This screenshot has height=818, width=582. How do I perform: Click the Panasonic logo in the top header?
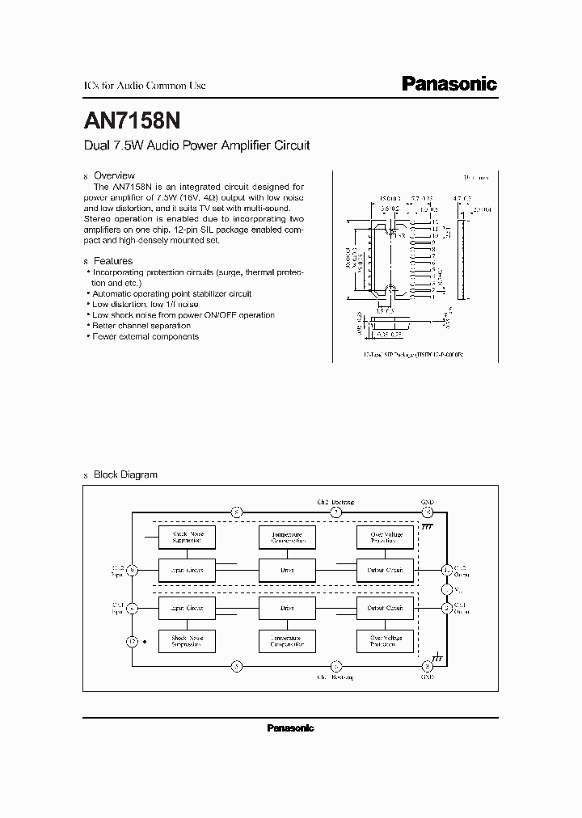[x=449, y=84]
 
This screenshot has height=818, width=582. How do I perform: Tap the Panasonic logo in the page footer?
[x=290, y=728]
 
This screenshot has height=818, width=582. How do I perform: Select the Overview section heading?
[x=114, y=175]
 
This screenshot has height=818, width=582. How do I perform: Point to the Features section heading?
[x=113, y=262]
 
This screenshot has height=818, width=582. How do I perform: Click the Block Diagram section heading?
[x=125, y=474]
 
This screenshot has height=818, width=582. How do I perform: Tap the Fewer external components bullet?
[x=145, y=336]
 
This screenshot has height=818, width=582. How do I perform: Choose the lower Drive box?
[x=287, y=608]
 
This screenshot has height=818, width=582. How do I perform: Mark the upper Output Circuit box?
[x=385, y=571]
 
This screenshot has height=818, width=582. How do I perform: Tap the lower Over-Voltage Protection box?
[x=385, y=642]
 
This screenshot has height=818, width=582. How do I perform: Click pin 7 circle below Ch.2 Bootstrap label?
[x=337, y=512]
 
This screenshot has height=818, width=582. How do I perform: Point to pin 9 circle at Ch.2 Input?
[x=133, y=571]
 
